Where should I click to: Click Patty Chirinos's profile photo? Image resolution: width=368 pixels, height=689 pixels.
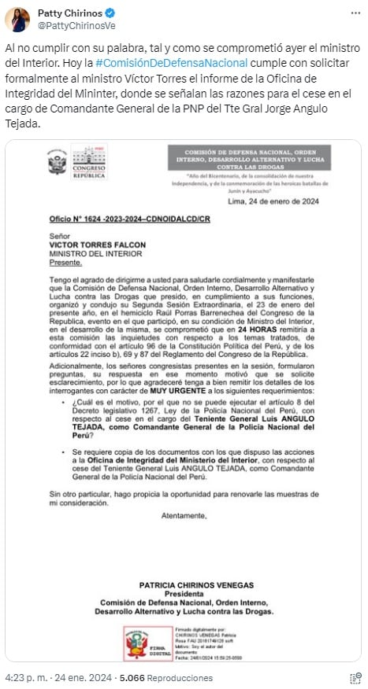(18, 19)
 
